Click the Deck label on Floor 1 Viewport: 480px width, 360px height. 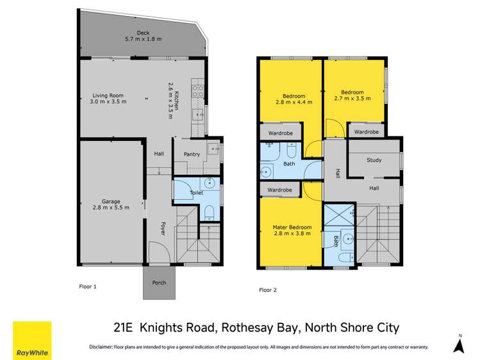click(x=142, y=33)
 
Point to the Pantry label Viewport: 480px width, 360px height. click(x=192, y=154)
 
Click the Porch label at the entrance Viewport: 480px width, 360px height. click(x=158, y=282)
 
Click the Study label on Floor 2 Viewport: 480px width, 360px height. click(x=374, y=160)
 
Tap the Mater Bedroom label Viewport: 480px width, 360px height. click(x=292, y=227)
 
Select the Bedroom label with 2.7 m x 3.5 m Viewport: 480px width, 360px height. click(x=352, y=92)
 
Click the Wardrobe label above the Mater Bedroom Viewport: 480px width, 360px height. click(x=280, y=190)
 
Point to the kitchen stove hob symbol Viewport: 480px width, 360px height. click(x=198, y=91)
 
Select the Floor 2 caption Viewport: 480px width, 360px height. click(x=267, y=290)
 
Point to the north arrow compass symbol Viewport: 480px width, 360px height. click(x=459, y=345)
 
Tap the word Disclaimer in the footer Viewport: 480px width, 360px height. click(x=101, y=347)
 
